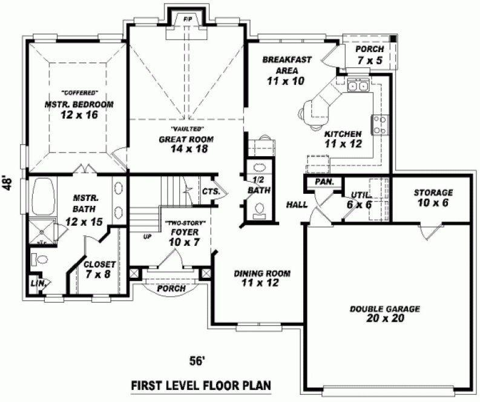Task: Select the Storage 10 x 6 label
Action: coord(433,197)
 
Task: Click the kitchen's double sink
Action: coord(357,86)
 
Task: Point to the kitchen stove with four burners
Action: coord(381,125)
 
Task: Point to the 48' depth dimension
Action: coord(8,183)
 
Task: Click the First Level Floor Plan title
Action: coord(200,386)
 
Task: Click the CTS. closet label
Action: coord(211,191)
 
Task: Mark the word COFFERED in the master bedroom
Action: coord(79,93)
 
